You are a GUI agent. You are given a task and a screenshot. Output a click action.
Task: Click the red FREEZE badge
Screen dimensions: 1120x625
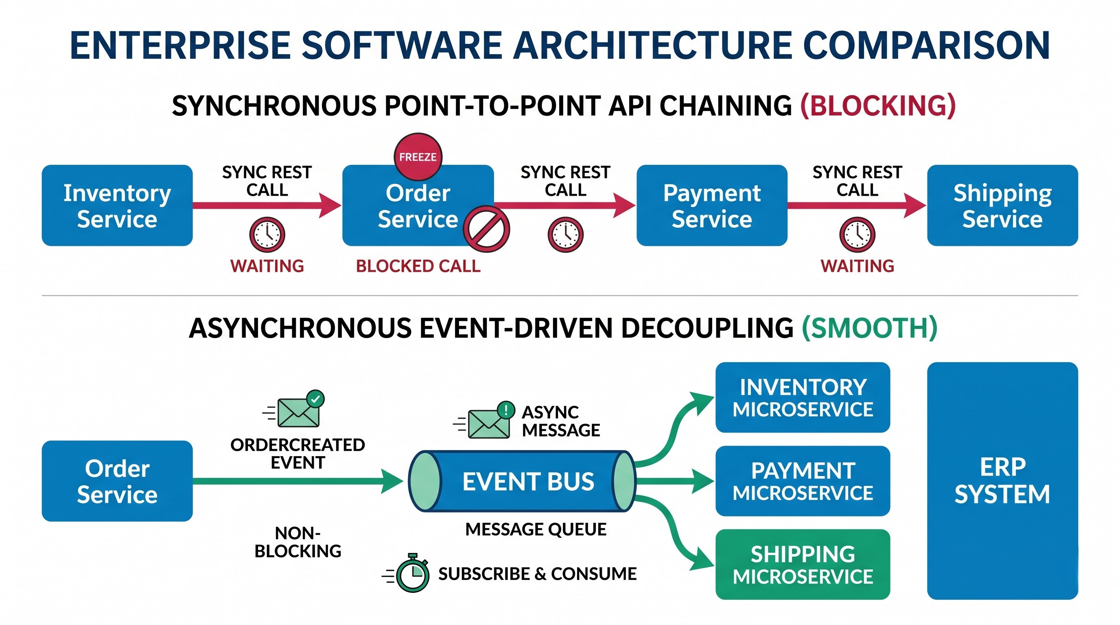click(x=418, y=157)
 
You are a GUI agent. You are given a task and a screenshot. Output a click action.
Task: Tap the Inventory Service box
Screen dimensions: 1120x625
click(x=117, y=205)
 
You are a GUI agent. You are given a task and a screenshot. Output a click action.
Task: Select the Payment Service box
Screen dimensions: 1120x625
click(x=712, y=205)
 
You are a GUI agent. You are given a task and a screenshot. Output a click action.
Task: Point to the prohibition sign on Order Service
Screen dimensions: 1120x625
click(x=486, y=229)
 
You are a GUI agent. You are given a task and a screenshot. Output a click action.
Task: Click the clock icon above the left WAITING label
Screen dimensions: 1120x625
click(x=267, y=235)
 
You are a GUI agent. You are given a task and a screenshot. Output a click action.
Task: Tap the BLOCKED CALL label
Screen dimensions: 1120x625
click(x=418, y=266)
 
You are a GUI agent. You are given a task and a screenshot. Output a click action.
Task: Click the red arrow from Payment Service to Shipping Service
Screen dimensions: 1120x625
click(x=857, y=205)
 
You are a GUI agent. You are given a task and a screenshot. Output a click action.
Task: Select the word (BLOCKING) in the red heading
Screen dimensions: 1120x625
click(x=878, y=106)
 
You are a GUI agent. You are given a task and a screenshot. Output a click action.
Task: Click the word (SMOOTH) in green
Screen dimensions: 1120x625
click(x=870, y=328)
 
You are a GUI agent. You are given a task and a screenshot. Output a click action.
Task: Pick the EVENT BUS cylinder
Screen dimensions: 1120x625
click(x=522, y=481)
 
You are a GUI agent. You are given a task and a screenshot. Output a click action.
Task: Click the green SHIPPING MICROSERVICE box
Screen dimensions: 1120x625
click(x=803, y=564)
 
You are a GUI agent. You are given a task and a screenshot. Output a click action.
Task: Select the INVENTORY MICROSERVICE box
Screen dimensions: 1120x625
click(x=803, y=397)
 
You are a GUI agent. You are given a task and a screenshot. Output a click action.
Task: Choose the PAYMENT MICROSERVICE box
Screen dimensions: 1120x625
click(x=803, y=481)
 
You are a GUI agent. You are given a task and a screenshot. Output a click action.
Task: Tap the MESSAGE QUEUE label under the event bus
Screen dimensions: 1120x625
click(x=536, y=529)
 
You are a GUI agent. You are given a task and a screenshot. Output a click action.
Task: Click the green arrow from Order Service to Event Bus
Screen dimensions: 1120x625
click(x=298, y=481)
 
